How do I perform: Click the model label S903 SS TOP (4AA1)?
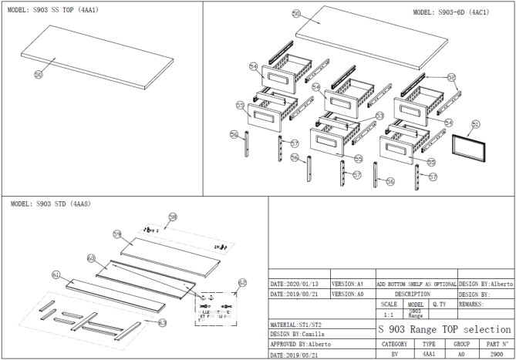point(47,10)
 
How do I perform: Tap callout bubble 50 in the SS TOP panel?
point(38,74)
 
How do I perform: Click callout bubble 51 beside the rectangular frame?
point(475,123)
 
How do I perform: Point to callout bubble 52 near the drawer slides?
point(452,78)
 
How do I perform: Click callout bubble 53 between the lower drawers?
point(379,116)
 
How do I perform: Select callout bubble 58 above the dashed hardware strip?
point(173,217)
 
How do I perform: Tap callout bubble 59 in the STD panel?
point(117,233)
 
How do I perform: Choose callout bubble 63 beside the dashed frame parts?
point(162,323)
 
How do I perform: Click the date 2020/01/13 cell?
point(298,283)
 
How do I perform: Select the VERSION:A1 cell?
point(352,283)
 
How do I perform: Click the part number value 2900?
point(496,355)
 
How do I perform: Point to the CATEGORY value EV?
point(394,355)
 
